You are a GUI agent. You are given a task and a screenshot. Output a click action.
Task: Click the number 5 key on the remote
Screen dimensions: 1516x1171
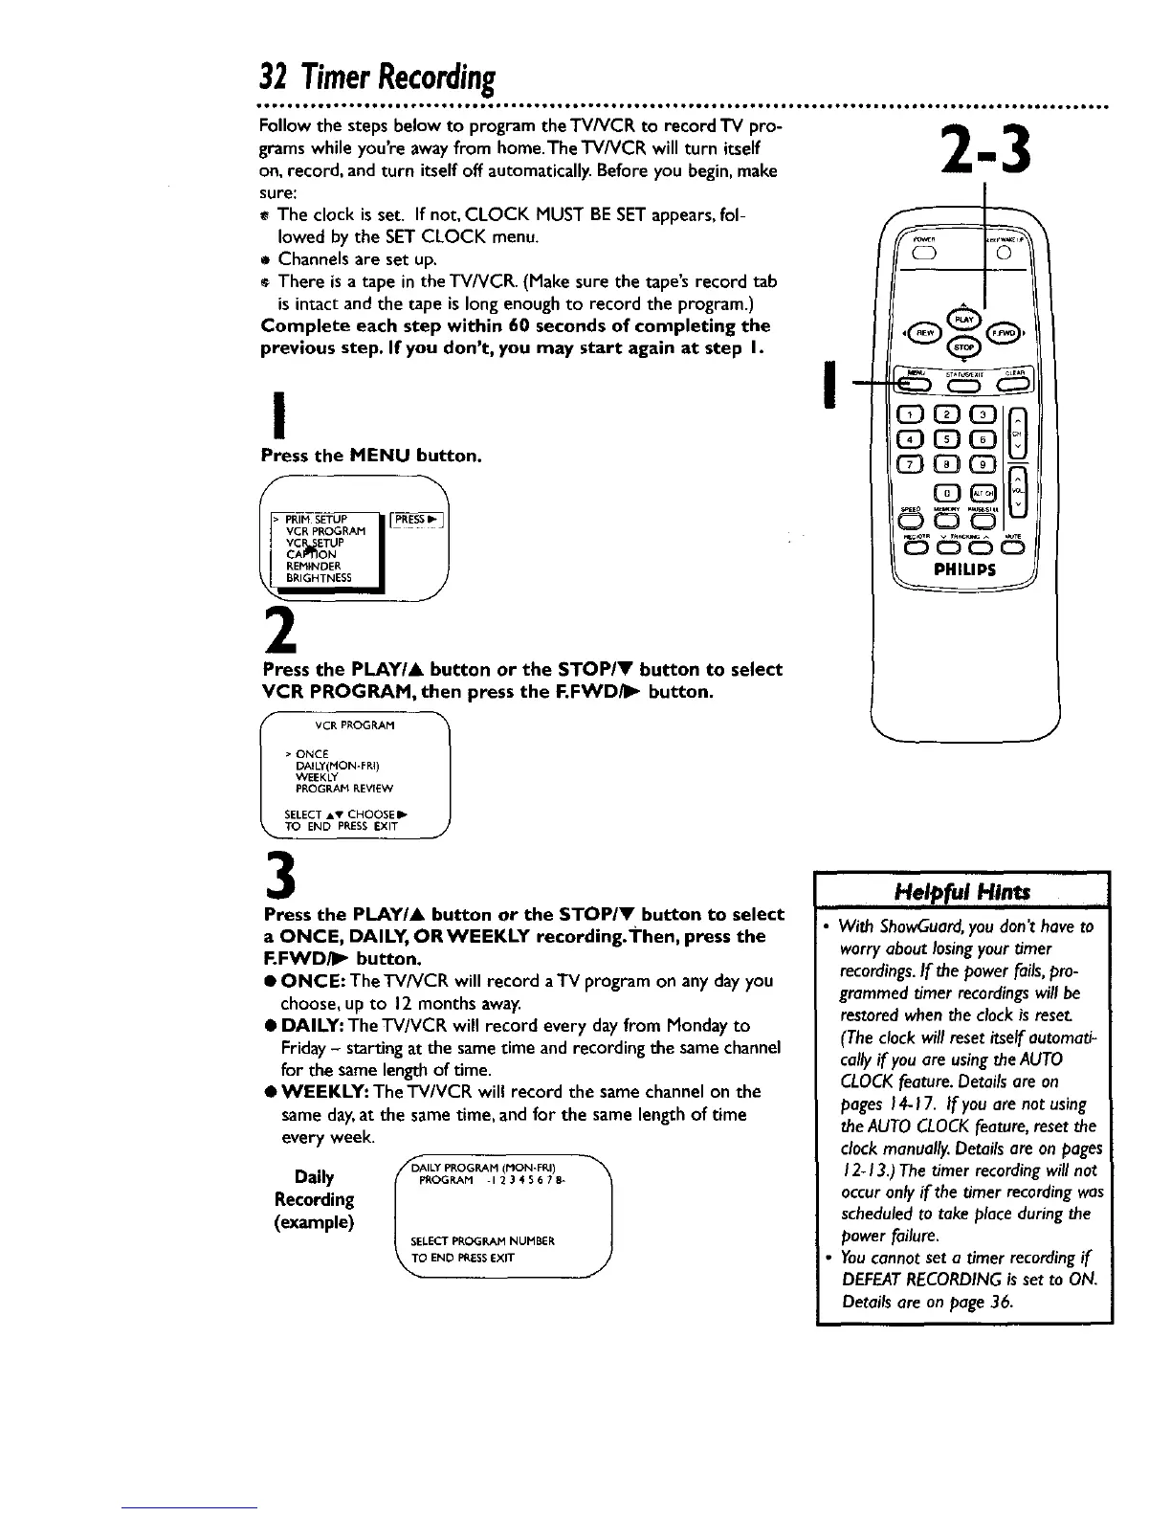point(947,439)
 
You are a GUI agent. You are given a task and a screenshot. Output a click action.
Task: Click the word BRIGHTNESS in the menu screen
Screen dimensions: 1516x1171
point(319,579)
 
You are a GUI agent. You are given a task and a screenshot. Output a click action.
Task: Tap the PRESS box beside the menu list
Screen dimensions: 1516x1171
point(421,521)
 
